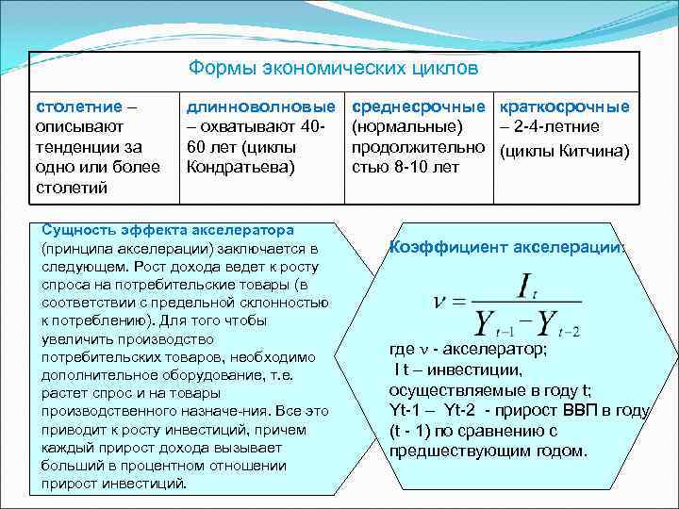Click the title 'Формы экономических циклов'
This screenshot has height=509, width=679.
(x=333, y=69)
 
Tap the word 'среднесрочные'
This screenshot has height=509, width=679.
(x=420, y=107)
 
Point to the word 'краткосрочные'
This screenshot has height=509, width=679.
(x=564, y=107)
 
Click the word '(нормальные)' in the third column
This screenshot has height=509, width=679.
(x=406, y=126)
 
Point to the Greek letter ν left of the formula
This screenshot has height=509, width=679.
(x=438, y=303)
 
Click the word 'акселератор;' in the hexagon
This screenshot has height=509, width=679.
(x=489, y=349)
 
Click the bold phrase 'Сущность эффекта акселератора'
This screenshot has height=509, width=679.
(x=168, y=230)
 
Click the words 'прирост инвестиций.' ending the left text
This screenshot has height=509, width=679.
(x=114, y=483)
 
